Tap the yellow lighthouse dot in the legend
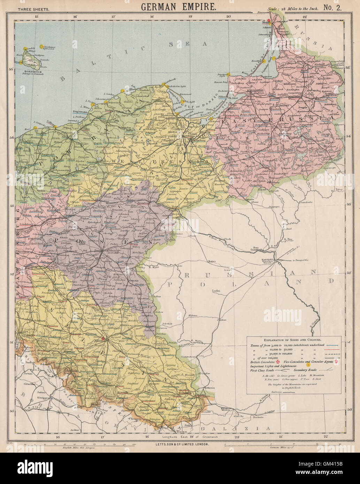pyautogui.click(x=308, y=366)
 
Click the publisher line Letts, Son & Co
pyautogui.click(x=178, y=445)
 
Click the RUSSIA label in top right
pyautogui.click(x=317, y=38)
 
